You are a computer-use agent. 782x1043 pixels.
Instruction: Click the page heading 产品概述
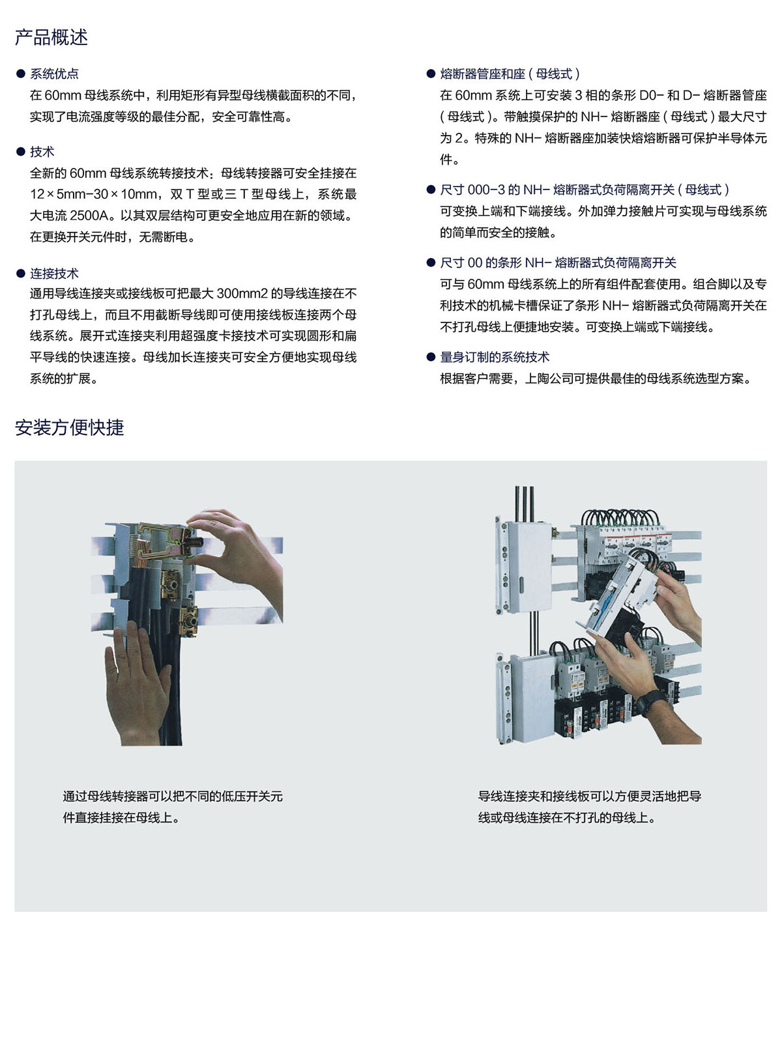pos(51,37)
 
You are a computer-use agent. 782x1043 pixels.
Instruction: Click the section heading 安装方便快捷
pos(69,427)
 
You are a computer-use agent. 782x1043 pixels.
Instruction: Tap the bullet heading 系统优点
pos(54,74)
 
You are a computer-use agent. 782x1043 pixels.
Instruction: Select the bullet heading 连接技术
pos(54,273)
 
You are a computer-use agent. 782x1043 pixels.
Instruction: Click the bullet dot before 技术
pos(20,152)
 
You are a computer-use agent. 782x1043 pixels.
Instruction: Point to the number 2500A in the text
pos(89,216)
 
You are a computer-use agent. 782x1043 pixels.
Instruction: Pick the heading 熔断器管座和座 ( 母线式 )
pos(510,74)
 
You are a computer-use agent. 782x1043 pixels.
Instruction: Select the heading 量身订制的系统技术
pos(495,357)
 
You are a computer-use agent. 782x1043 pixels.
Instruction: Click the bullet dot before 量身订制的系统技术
pos(431,357)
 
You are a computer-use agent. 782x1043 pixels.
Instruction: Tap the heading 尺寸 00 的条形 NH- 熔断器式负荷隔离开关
pos(558,263)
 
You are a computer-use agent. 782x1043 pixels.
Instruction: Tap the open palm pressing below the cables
pos(137,683)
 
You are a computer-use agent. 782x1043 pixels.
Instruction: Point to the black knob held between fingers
pos(195,542)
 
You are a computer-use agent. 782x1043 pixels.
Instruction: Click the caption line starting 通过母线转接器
pos(173,796)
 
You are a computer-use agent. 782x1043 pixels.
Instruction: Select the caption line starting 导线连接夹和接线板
pos(590,796)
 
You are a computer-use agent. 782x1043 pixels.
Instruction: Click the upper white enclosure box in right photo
pos(527,565)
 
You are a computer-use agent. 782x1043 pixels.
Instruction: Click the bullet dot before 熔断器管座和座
pos(431,74)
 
